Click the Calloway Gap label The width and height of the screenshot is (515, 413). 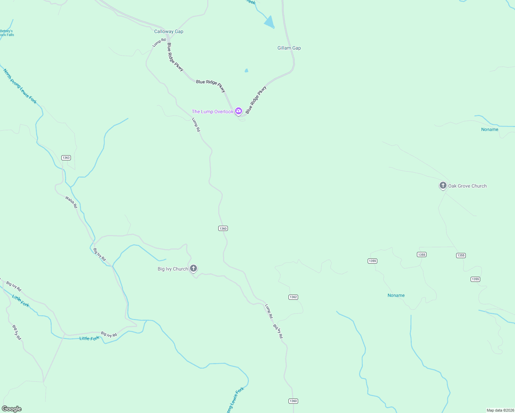[169, 32]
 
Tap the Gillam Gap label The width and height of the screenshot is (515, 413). [289, 48]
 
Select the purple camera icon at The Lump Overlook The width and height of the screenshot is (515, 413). [239, 111]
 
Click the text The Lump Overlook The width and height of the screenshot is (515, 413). [212, 112]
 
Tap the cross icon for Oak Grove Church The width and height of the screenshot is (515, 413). [443, 186]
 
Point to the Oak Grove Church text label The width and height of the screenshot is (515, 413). [467, 186]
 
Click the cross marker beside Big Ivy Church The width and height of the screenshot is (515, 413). [193, 268]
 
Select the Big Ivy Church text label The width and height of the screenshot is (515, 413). [173, 269]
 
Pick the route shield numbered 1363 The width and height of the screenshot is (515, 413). [66, 158]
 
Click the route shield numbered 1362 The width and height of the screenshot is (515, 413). [293, 297]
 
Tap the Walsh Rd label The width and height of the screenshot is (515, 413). [71, 202]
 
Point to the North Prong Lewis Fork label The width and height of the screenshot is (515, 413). [20, 86]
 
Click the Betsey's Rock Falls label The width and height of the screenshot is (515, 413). [7, 33]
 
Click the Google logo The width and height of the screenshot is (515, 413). [11, 409]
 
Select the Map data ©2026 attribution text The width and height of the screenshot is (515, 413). [500, 410]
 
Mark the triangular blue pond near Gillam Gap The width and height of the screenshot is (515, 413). [270, 22]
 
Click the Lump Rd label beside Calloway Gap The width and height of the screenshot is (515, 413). [159, 42]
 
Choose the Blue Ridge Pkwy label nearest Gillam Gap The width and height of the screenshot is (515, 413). [256, 100]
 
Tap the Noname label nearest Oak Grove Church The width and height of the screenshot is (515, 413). [490, 130]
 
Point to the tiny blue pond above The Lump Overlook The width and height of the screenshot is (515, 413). [246, 71]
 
